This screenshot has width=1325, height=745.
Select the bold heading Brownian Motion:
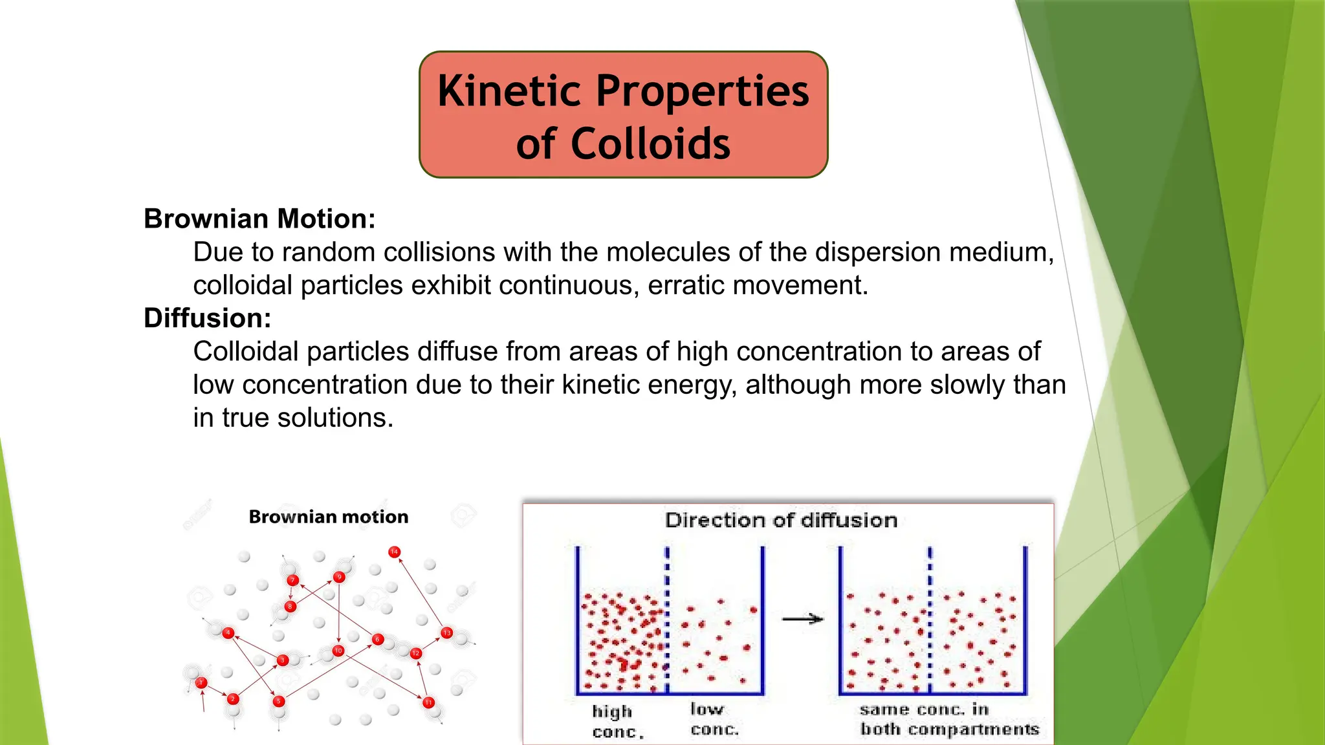259,219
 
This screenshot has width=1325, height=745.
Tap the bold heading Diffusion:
207,318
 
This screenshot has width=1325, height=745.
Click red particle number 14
394,552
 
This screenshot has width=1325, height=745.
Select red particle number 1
201,682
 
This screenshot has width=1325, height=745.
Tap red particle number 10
338,651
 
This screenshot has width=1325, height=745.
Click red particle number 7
292,580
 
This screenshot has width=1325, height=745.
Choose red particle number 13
446,632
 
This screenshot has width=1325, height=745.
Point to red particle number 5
279,701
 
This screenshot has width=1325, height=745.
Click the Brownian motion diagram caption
329,517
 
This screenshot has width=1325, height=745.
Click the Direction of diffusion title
781,520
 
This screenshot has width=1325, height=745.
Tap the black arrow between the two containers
802,619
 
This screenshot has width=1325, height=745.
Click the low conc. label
714,719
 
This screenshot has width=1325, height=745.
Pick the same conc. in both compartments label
949,719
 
